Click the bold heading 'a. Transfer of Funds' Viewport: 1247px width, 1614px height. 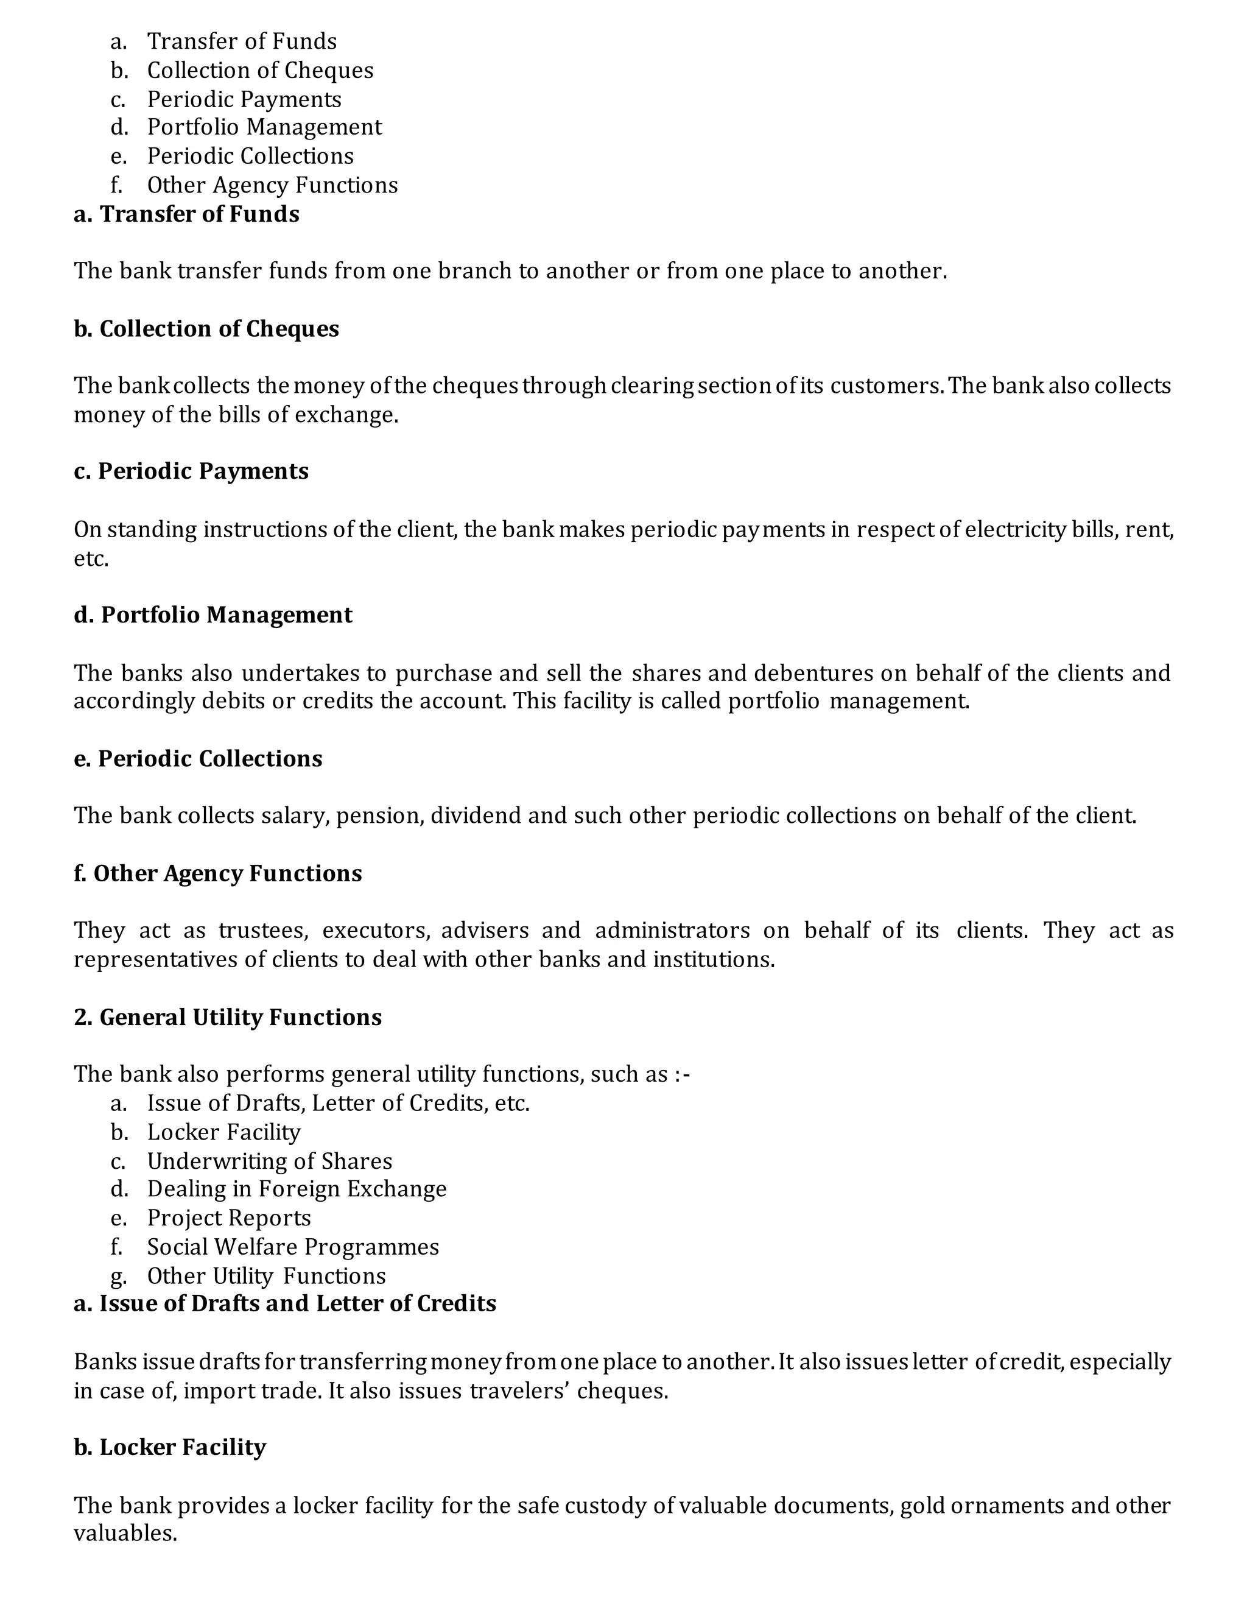186,214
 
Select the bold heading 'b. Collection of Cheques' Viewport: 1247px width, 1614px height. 206,329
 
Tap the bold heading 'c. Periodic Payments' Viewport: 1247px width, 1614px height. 191,471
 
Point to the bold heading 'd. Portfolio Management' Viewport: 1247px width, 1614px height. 213,615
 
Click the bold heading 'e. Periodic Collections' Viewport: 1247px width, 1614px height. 198,759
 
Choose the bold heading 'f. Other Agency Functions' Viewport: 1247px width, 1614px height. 218,873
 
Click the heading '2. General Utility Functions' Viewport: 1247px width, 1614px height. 228,1018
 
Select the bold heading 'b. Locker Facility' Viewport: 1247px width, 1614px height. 170,1447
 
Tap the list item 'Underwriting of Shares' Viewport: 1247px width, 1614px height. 270,1161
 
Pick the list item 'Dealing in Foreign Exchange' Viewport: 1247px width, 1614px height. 297,1189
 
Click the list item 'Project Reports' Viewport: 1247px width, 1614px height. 229,1218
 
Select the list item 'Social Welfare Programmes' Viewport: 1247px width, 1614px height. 292,1247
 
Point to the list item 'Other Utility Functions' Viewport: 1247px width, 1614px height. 266,1275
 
